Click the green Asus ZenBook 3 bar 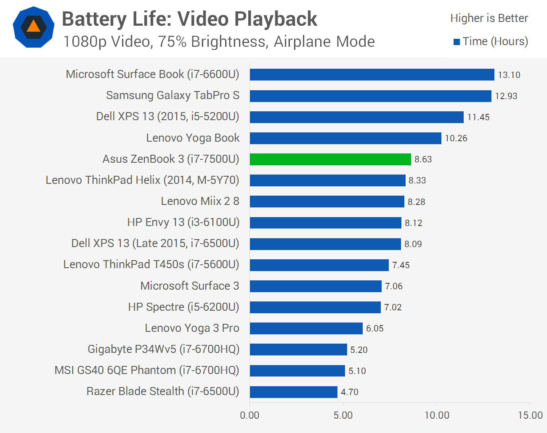coord(330,159)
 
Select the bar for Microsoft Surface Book coord(372,75)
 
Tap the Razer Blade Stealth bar coord(293,392)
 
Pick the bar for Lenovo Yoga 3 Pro coord(306,328)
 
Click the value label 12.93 coord(506,96)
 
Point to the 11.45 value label coord(478,117)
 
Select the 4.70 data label coord(349,392)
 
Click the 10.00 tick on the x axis coord(437,415)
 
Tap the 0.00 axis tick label coord(250,415)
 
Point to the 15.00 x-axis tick coord(530,415)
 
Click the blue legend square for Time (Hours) coord(457,42)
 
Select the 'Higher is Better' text coord(489,18)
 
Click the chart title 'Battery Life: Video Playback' coord(189,19)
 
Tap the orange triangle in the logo coord(34,27)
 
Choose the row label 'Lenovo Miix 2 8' coord(200,201)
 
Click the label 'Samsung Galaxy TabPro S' coord(173,95)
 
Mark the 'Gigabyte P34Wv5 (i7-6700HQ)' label coord(163,349)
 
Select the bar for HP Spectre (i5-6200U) coord(315,307)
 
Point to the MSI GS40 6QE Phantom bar coord(297,371)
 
